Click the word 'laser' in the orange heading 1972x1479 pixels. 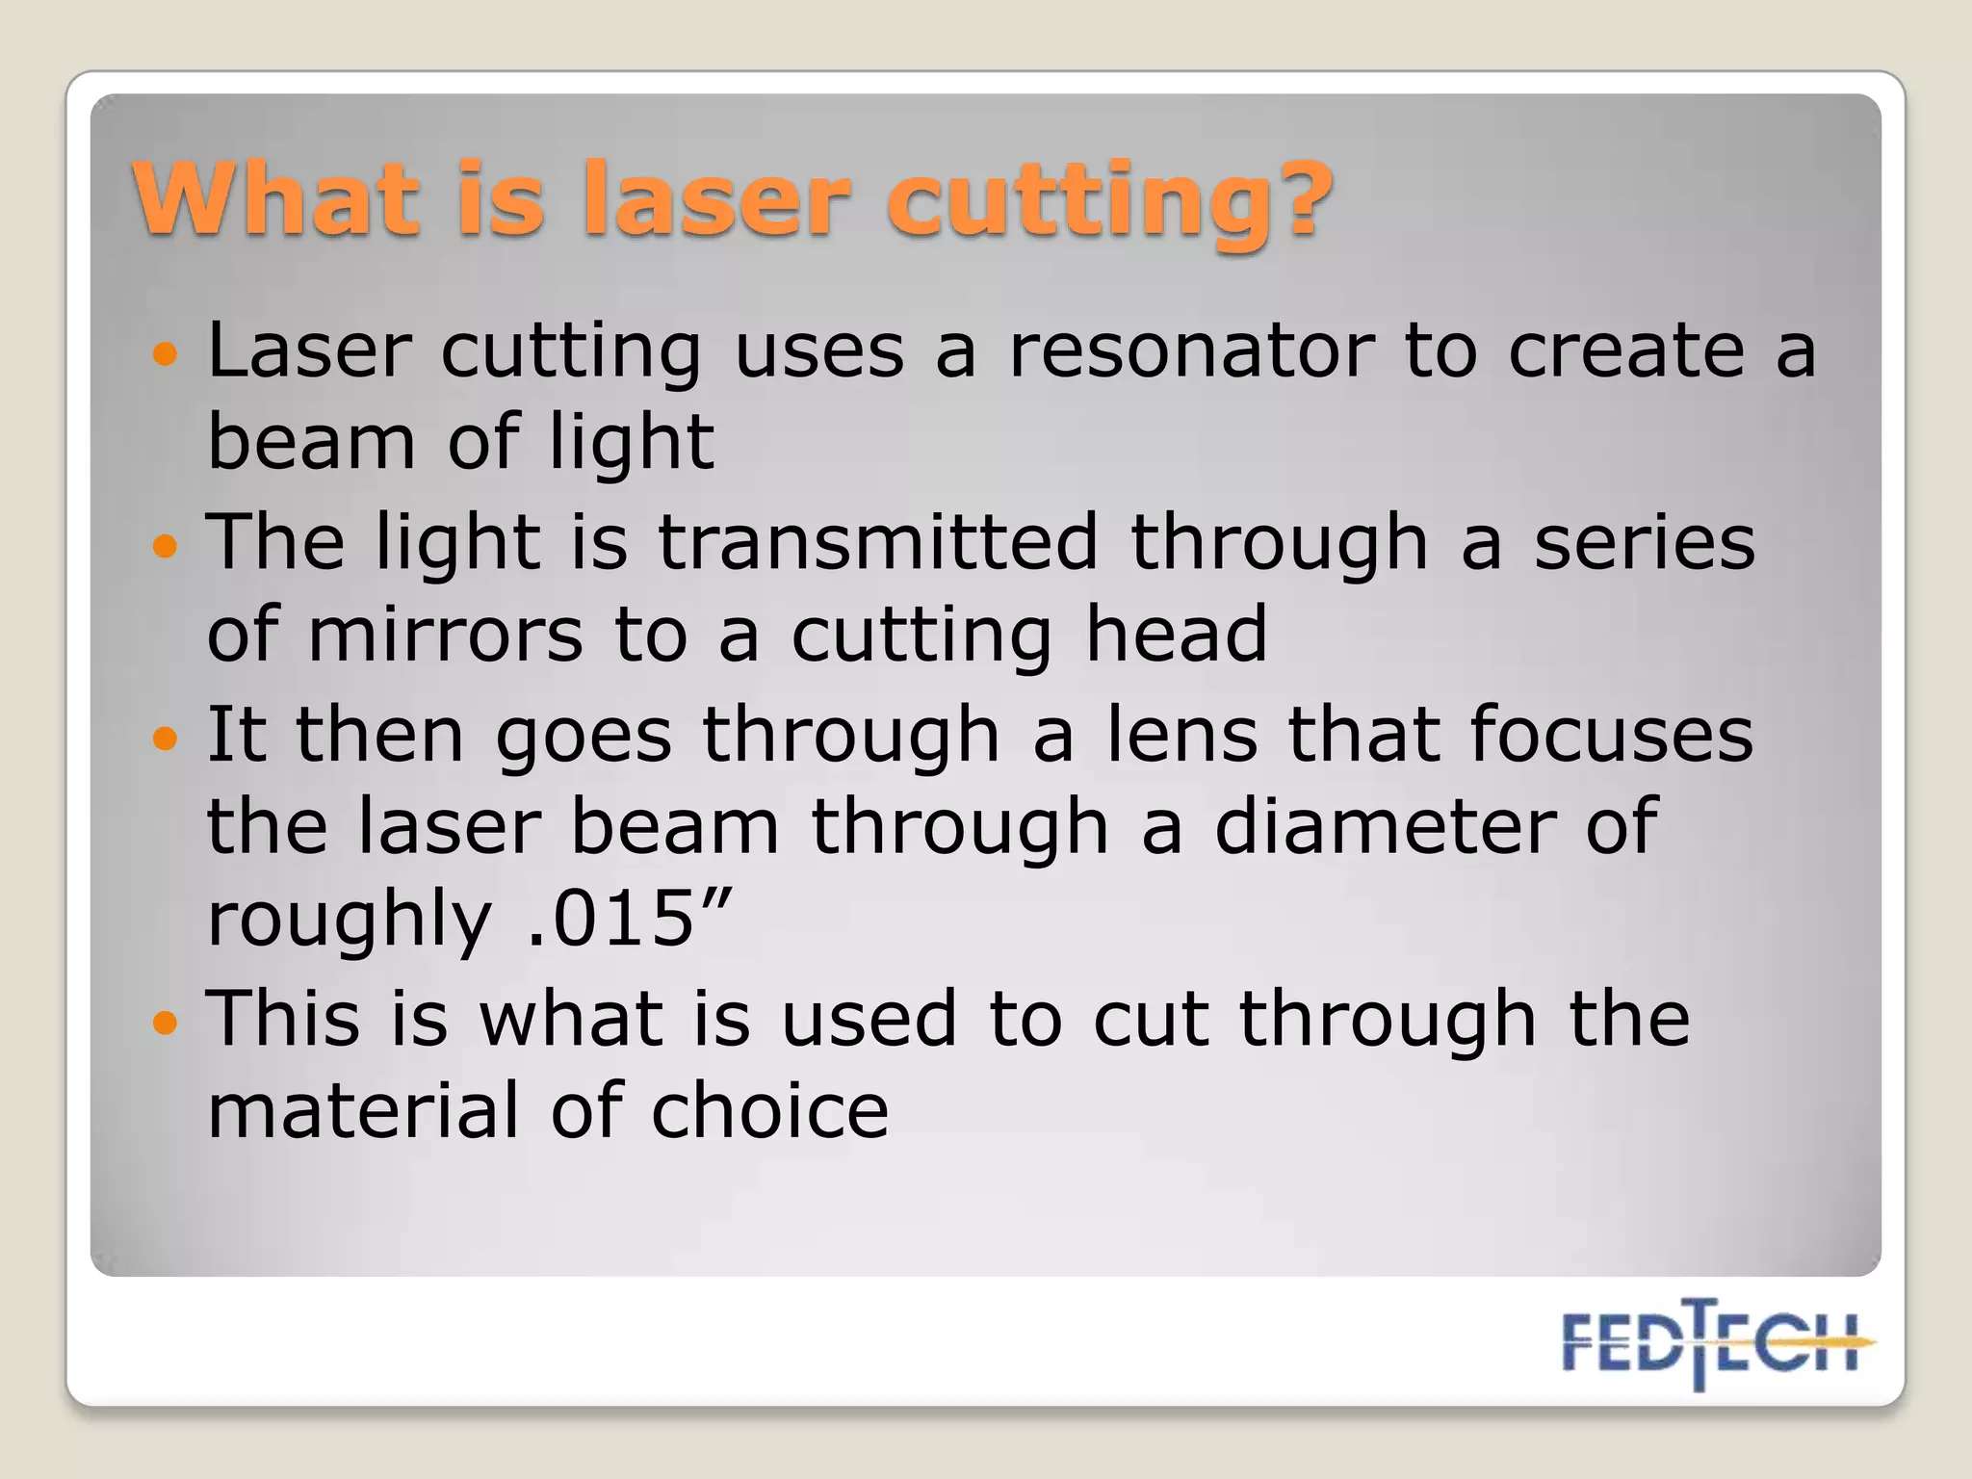[x=717, y=199]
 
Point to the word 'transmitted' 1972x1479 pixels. [x=877, y=542]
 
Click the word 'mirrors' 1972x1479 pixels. [x=446, y=636]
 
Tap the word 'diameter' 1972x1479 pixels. [x=1386, y=826]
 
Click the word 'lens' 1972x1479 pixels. [x=1181, y=735]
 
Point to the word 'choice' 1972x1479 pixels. [x=769, y=1111]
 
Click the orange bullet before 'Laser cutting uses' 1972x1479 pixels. [x=166, y=353]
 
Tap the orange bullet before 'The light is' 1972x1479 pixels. [x=166, y=546]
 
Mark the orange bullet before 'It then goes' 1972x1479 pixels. [x=166, y=739]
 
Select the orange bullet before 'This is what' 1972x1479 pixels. [x=166, y=1022]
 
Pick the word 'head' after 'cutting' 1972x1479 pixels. [x=1176, y=636]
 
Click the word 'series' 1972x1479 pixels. [x=1644, y=542]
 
